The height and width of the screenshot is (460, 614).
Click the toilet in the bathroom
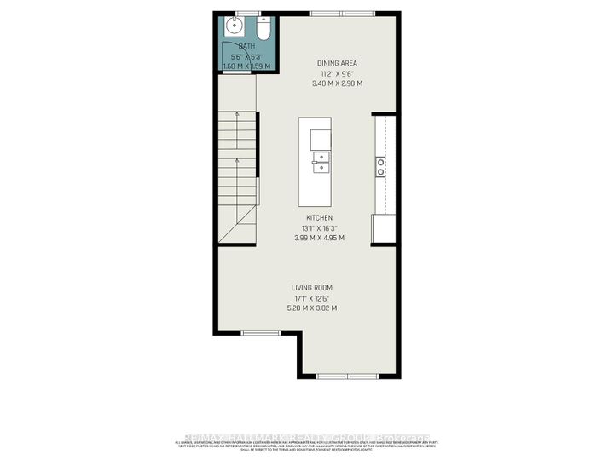(x=264, y=30)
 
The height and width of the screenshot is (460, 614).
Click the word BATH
(x=246, y=46)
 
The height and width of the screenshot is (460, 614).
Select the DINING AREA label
(x=337, y=63)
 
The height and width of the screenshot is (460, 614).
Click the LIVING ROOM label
(x=314, y=287)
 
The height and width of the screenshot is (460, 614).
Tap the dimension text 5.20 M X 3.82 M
(x=314, y=308)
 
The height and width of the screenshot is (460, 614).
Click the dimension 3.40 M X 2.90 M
(x=337, y=83)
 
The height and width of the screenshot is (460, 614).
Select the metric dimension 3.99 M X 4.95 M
(x=320, y=238)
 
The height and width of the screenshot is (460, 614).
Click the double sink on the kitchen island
(x=321, y=162)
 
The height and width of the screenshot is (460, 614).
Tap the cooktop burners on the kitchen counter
(x=381, y=166)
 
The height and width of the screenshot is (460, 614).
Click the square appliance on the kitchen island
(x=321, y=138)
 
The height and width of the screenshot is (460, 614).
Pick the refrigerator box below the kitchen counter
(x=383, y=228)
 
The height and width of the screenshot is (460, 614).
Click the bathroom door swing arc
(x=238, y=68)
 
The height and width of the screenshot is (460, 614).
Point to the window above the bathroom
(x=248, y=12)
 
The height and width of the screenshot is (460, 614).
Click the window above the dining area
(x=341, y=12)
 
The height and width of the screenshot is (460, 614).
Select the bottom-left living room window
(x=255, y=332)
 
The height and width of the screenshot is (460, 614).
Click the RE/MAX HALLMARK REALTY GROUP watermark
(x=306, y=435)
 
